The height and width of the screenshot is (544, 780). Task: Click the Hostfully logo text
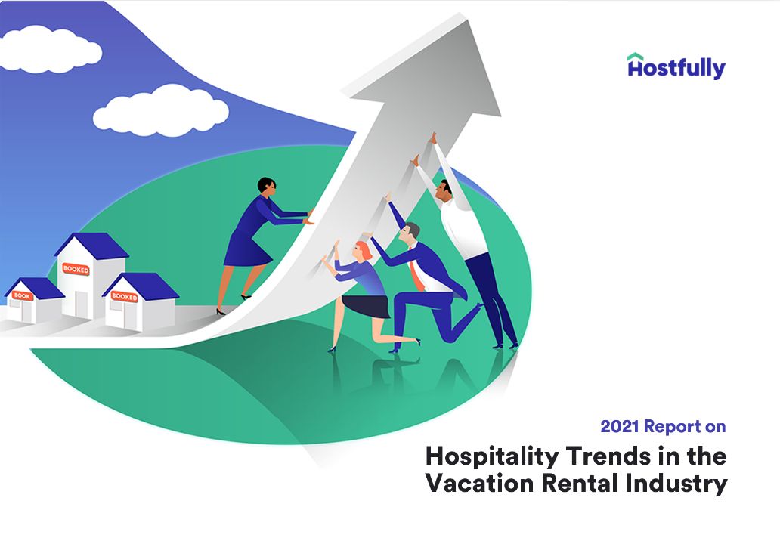coord(676,70)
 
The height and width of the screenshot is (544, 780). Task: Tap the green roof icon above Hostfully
coord(636,57)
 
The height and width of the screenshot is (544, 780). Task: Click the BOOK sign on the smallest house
coord(22,296)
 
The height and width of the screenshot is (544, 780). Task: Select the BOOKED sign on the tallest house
coord(76,270)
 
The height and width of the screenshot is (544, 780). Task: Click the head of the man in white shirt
coord(445,189)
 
